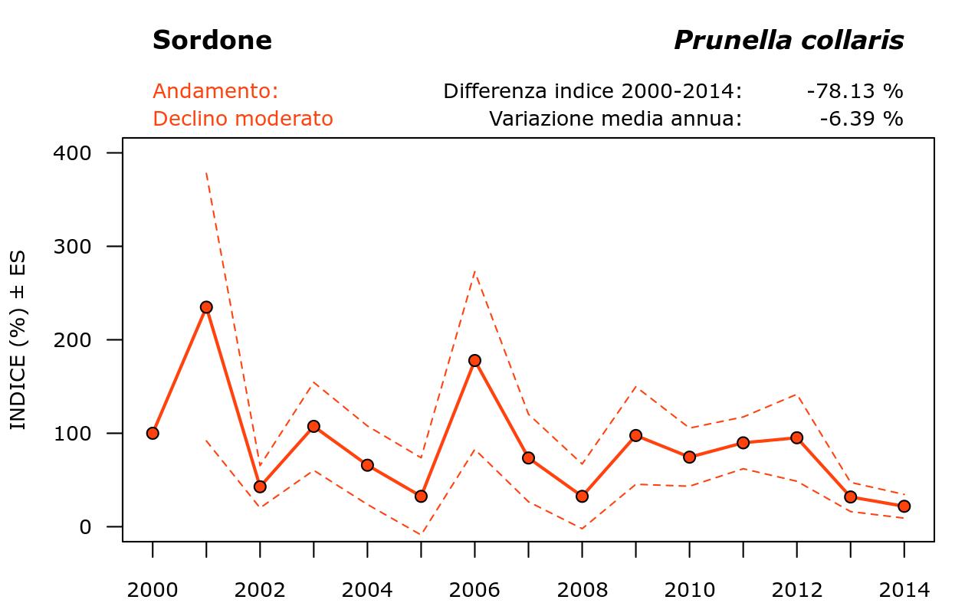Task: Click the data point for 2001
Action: point(206,307)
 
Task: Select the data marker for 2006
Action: point(474,360)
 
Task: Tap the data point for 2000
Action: point(153,433)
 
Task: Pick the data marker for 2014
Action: point(904,506)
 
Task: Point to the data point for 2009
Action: point(635,435)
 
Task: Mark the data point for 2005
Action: point(421,496)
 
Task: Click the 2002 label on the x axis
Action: point(260,590)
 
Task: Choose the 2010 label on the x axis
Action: point(689,590)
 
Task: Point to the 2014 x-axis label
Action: point(904,590)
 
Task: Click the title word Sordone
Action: point(212,41)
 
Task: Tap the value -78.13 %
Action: point(855,91)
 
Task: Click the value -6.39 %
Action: point(861,119)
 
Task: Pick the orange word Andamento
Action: point(215,91)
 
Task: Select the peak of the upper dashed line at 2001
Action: point(206,173)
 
